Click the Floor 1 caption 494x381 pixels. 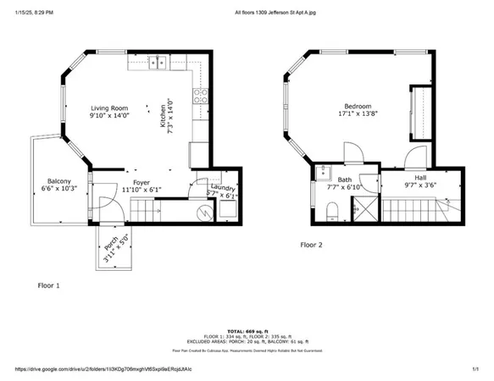(x=48, y=285)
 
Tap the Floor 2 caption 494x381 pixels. (x=312, y=245)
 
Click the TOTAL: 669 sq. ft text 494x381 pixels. (x=247, y=330)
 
